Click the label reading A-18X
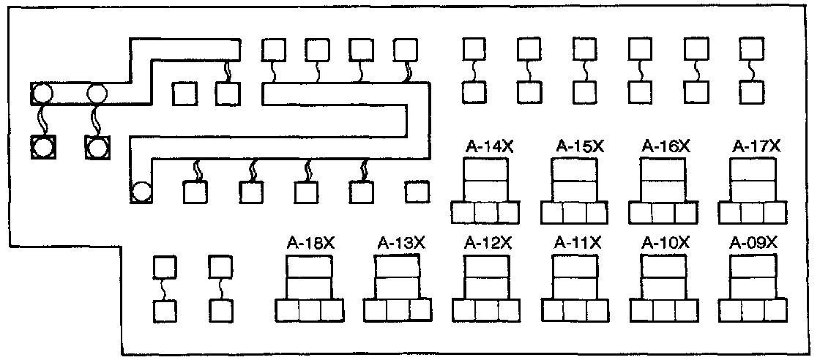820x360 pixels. [x=309, y=242]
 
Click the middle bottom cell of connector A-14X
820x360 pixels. [x=485, y=212]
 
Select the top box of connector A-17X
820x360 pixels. [x=752, y=168]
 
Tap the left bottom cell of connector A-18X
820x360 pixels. [x=287, y=310]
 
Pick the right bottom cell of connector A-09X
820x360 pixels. [x=774, y=310]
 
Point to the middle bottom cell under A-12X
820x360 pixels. [x=485, y=310]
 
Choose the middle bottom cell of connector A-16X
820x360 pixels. [x=663, y=212]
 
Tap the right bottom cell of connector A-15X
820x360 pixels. [x=597, y=212]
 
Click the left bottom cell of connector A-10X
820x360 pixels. [x=641, y=310]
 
